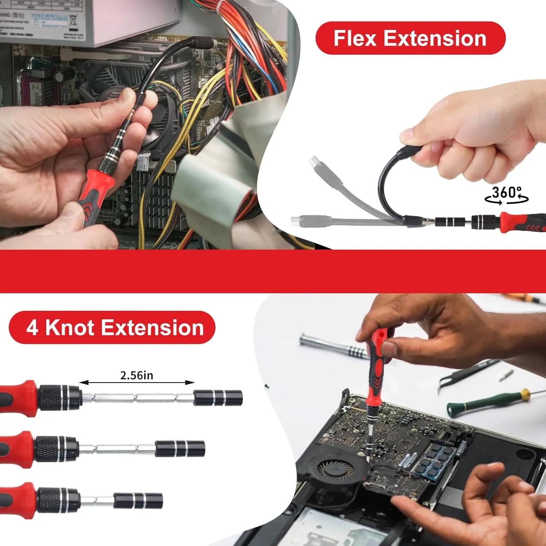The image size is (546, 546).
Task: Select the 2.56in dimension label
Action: pyautogui.click(x=136, y=375)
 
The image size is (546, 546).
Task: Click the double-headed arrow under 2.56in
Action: pyautogui.click(x=137, y=383)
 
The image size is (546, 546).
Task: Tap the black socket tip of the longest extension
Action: pyautogui.click(x=218, y=397)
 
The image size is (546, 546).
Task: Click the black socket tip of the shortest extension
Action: pyautogui.click(x=138, y=500)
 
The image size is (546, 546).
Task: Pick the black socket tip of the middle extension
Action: pyautogui.click(x=180, y=448)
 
